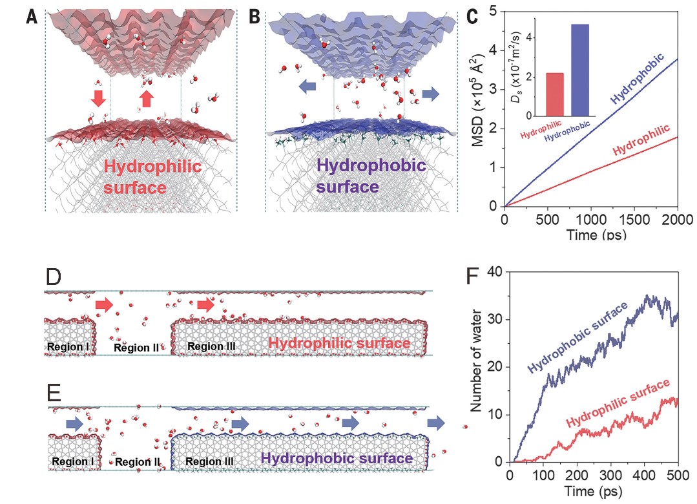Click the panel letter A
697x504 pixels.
tap(31, 17)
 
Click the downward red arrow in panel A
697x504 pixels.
tap(98, 98)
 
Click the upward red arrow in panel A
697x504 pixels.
tap(147, 98)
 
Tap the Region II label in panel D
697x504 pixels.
tap(136, 348)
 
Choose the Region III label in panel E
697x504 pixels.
tap(209, 462)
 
